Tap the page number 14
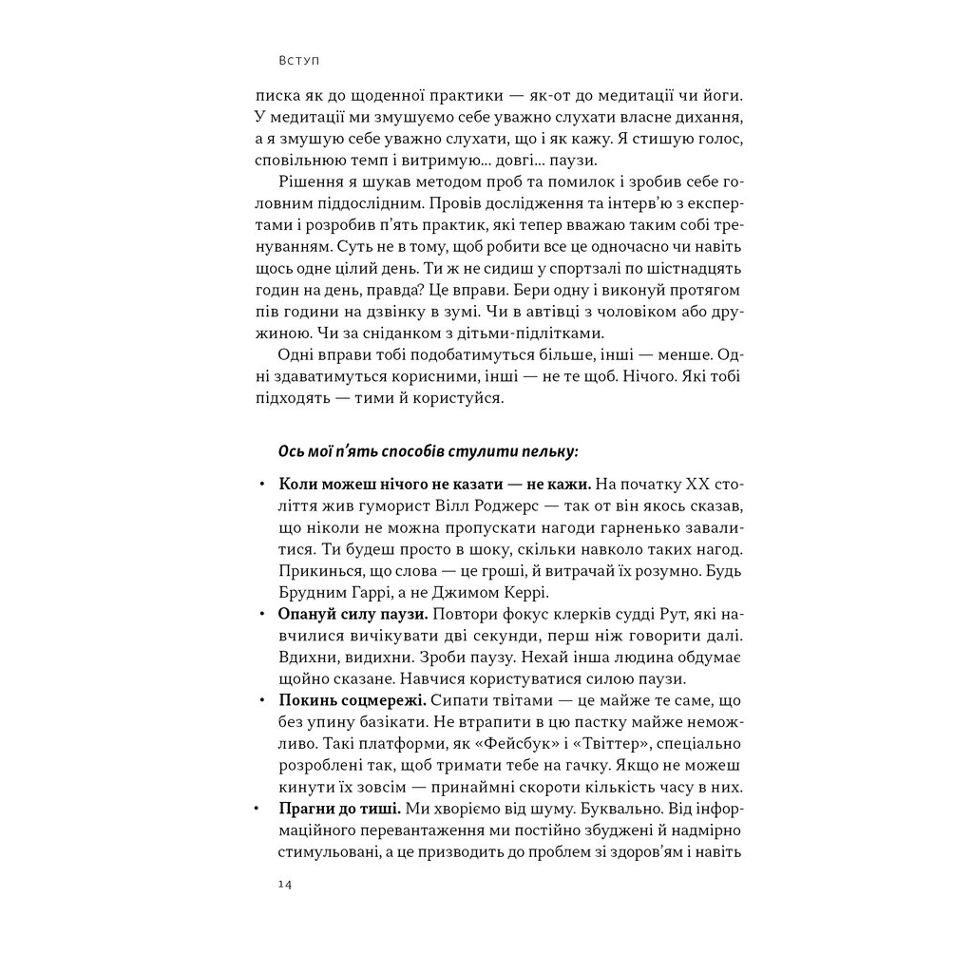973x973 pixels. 285,885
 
